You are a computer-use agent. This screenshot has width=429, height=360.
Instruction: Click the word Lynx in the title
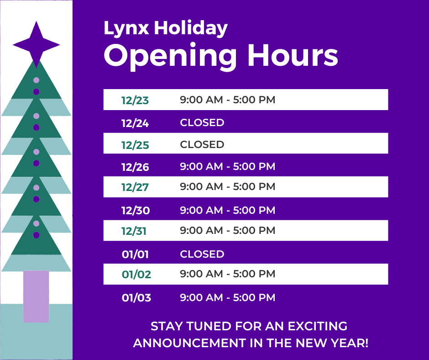tap(126, 28)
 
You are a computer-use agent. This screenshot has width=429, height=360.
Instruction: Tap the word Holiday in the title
tap(191, 28)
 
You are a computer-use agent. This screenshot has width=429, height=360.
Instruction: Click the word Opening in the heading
tap(170, 57)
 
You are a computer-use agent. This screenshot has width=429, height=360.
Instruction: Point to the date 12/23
tap(135, 100)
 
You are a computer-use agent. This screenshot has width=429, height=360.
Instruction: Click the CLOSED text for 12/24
tap(202, 122)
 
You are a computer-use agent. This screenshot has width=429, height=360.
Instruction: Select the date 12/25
tap(135, 145)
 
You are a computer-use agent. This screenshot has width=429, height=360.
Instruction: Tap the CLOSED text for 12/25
tap(202, 144)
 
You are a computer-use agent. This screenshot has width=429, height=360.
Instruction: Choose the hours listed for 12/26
tap(228, 166)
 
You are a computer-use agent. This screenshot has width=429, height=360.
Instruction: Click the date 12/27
tap(135, 187)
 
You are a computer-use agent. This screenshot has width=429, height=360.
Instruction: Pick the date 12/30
tap(136, 211)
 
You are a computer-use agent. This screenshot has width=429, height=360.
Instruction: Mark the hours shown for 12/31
tap(228, 230)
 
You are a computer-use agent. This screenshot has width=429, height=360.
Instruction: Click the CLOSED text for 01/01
tap(202, 254)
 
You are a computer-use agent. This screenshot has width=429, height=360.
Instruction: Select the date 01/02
tap(136, 274)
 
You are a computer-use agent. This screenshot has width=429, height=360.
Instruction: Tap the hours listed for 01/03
tap(228, 297)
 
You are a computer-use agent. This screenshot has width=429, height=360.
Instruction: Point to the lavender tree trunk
tap(36, 296)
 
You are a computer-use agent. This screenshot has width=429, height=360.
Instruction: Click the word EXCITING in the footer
tap(317, 326)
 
